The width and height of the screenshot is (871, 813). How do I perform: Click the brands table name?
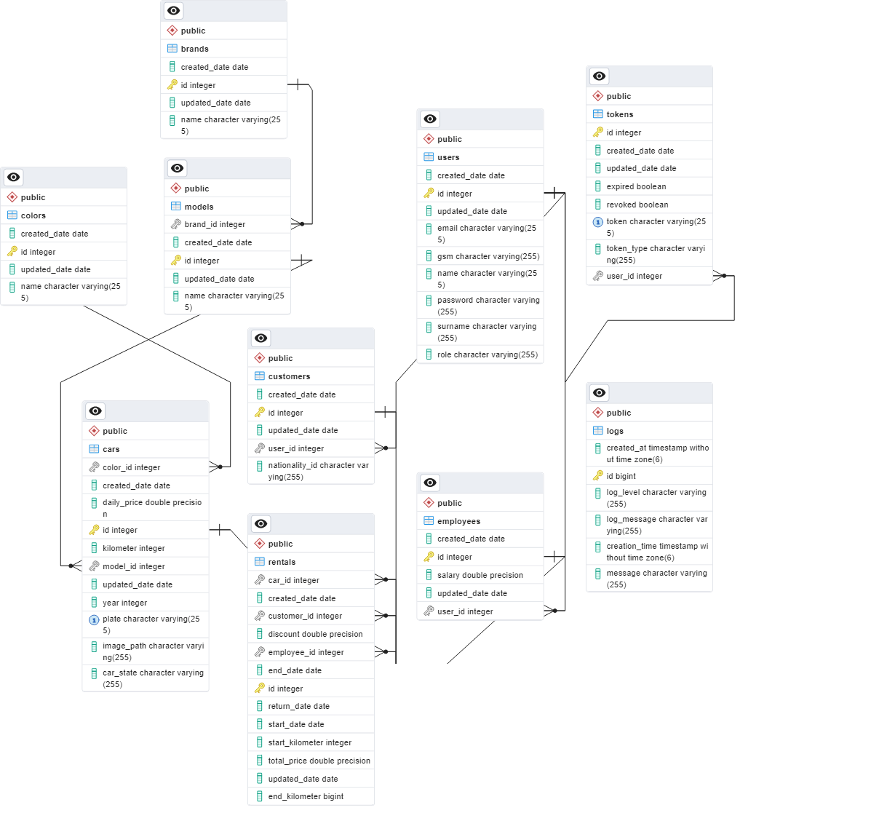click(194, 49)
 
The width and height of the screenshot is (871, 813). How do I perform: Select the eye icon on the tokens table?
click(599, 76)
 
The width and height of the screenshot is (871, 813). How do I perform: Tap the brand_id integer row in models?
click(215, 224)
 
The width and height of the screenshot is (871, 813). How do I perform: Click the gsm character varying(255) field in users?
click(488, 256)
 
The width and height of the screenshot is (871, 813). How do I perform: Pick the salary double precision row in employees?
click(480, 575)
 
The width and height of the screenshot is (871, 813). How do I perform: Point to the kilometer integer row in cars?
click(134, 548)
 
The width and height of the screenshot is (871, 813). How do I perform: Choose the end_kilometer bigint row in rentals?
click(306, 796)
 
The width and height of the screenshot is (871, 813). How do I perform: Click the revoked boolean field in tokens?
click(637, 205)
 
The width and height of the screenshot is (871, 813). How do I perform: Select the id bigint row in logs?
click(621, 476)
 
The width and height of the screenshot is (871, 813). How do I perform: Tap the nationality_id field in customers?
click(318, 471)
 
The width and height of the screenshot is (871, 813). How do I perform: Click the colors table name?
click(33, 215)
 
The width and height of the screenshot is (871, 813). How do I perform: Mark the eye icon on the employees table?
click(430, 483)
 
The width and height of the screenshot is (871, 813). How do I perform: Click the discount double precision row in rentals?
click(315, 634)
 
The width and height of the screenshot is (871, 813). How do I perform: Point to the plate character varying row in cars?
click(151, 624)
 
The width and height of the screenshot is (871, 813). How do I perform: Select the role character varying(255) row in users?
click(488, 354)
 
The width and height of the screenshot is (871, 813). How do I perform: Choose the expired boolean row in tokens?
click(637, 186)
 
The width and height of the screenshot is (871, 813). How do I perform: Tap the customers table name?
click(289, 376)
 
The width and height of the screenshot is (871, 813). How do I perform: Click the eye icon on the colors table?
click(13, 177)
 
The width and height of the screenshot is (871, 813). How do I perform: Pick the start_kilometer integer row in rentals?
click(310, 742)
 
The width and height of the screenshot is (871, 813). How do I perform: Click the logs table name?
click(615, 431)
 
